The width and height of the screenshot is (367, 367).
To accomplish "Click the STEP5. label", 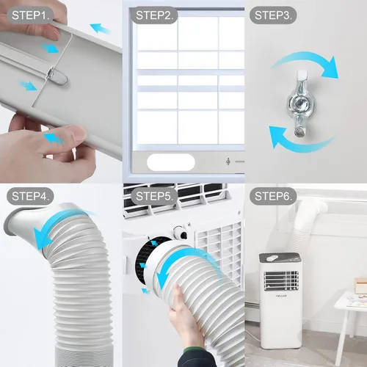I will click(x=156, y=196).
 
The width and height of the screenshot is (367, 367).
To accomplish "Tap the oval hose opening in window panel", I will click(x=173, y=161).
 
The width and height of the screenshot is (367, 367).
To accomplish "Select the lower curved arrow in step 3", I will click(x=290, y=139).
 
